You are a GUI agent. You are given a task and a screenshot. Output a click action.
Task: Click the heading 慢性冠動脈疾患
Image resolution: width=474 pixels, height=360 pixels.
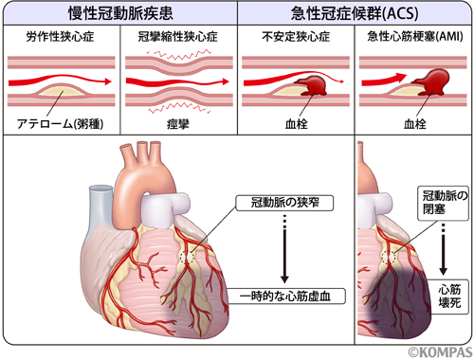(118, 13)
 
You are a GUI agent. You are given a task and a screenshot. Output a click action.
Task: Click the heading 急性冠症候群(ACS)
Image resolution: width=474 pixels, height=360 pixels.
(354, 13)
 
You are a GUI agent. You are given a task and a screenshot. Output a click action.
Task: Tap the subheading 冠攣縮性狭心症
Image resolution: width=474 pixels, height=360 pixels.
(178, 38)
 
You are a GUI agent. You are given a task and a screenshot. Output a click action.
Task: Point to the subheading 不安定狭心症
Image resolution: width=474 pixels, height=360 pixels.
(295, 38)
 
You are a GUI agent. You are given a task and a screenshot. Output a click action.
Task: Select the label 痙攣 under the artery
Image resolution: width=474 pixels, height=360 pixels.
(178, 123)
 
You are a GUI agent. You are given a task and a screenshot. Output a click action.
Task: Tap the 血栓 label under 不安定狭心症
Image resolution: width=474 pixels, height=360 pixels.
(295, 123)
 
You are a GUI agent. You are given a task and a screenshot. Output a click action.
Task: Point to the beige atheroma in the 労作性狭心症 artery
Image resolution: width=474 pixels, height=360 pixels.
(59, 92)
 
